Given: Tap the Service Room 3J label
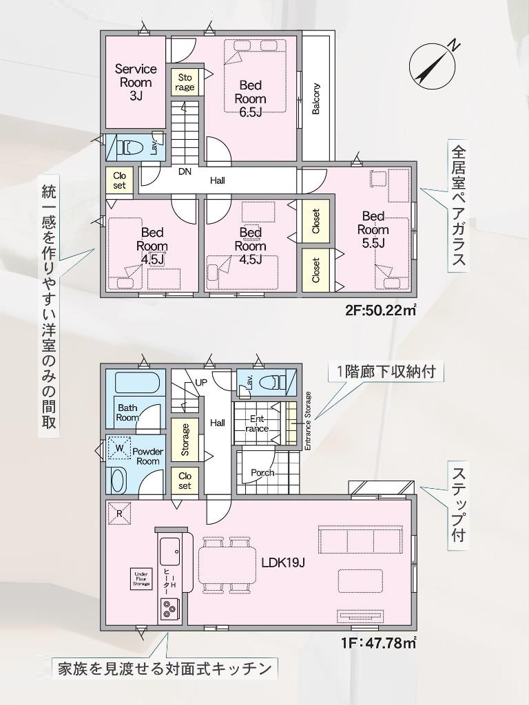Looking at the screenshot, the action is [x=136, y=83].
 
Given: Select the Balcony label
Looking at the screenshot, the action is [x=315, y=98].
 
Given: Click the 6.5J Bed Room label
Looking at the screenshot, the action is [x=250, y=98].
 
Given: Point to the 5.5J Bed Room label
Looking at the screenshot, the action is [x=373, y=230].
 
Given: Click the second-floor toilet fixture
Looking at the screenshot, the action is [x=129, y=147].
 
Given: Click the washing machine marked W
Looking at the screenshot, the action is [x=119, y=448].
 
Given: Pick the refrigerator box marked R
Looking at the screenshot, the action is [x=119, y=512].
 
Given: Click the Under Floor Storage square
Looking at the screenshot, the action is [x=141, y=579].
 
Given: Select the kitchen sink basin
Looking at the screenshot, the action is [x=170, y=550].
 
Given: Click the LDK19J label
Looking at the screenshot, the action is [x=284, y=563].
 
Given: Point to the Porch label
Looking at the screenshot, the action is [x=262, y=472].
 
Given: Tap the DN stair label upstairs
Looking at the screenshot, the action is [x=185, y=171].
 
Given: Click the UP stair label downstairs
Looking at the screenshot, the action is [x=201, y=382].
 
